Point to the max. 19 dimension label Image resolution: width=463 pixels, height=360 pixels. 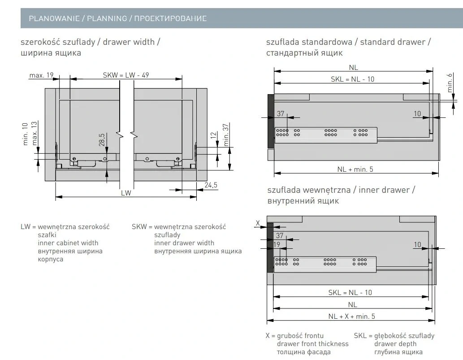tap(41, 75)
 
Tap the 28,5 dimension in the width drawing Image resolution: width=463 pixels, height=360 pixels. tap(102, 139)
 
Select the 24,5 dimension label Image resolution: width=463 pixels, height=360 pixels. tap(211, 185)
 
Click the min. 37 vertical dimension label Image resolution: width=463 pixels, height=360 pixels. tap(226, 134)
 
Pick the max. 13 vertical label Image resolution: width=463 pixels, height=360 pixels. tap(35, 133)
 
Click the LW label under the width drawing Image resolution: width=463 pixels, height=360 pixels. tap(126, 193)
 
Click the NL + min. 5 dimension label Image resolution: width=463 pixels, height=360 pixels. tap(355, 169)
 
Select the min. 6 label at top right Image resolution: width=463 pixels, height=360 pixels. tap(450, 82)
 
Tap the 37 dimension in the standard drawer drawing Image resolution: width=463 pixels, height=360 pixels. tap(281, 114)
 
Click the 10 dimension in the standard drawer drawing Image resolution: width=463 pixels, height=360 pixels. tap(417, 114)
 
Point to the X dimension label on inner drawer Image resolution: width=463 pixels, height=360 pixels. tap(258, 223)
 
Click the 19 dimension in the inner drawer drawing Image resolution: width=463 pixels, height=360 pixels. tap(277, 244)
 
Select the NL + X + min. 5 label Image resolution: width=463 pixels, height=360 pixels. tap(351, 316)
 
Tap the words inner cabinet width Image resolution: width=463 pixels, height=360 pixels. tap(68, 243)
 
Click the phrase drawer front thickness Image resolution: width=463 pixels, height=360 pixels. tap(312, 344)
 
